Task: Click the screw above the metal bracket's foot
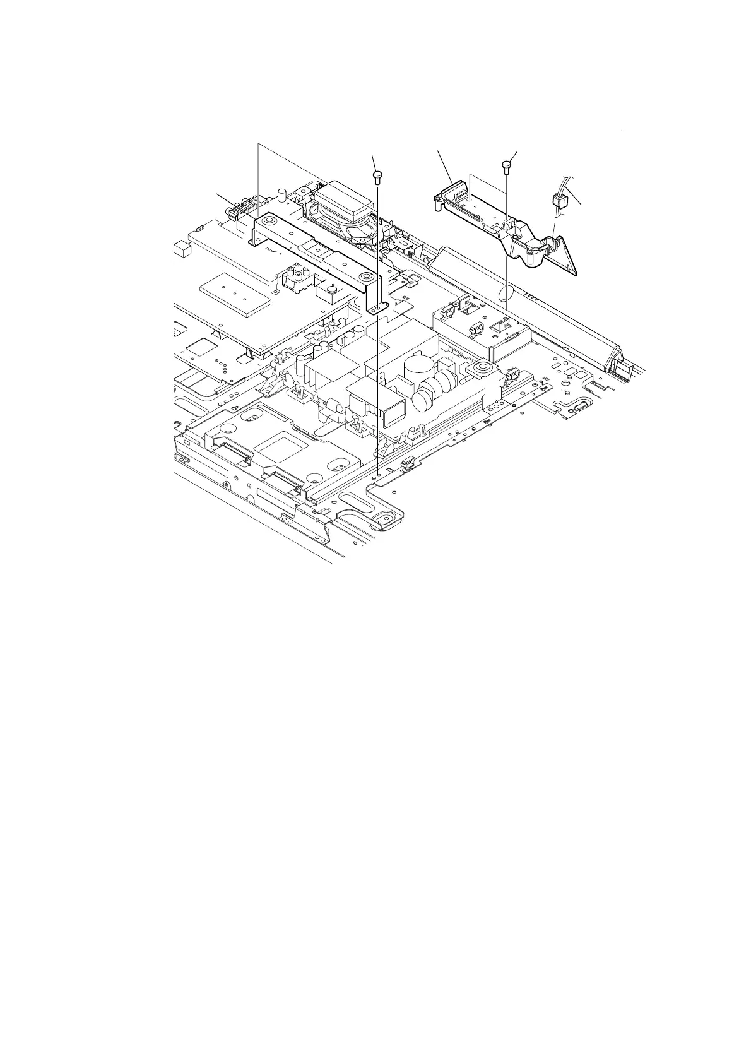pos(377,175)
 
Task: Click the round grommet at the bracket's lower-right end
pos(364,276)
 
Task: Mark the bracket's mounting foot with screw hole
pos(377,307)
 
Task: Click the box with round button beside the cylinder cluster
pos(329,292)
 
